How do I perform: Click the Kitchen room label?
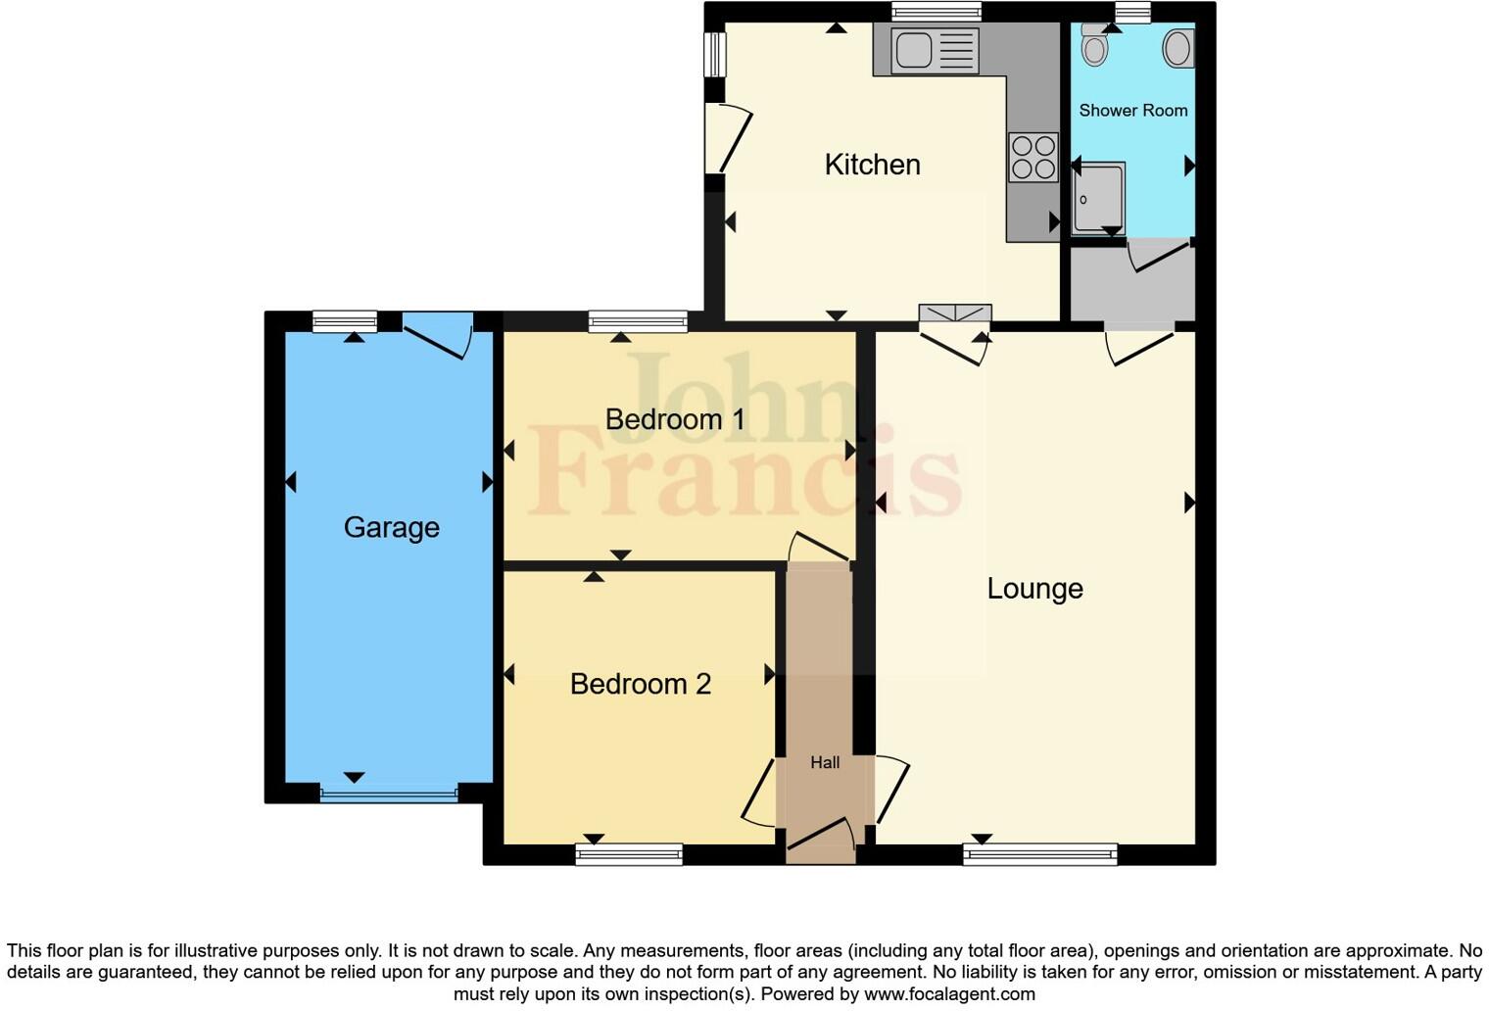tap(872, 165)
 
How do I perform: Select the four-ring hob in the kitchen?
tap(1033, 158)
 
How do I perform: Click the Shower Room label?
tap(1132, 111)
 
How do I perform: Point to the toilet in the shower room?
tap(1094, 43)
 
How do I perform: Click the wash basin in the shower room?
tap(1178, 47)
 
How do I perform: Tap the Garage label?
tap(391, 528)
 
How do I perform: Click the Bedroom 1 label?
tap(675, 420)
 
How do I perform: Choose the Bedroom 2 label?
tap(640, 684)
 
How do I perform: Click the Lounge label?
tap(1034, 589)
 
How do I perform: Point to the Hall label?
tap(825, 762)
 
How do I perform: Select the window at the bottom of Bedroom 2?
tap(629, 854)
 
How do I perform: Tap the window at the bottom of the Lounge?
tap(1040, 854)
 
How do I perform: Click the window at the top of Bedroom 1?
tap(638, 321)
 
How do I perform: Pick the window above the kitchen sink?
tap(936, 12)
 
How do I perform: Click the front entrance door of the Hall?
tap(821, 835)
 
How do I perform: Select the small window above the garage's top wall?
tap(344, 321)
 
